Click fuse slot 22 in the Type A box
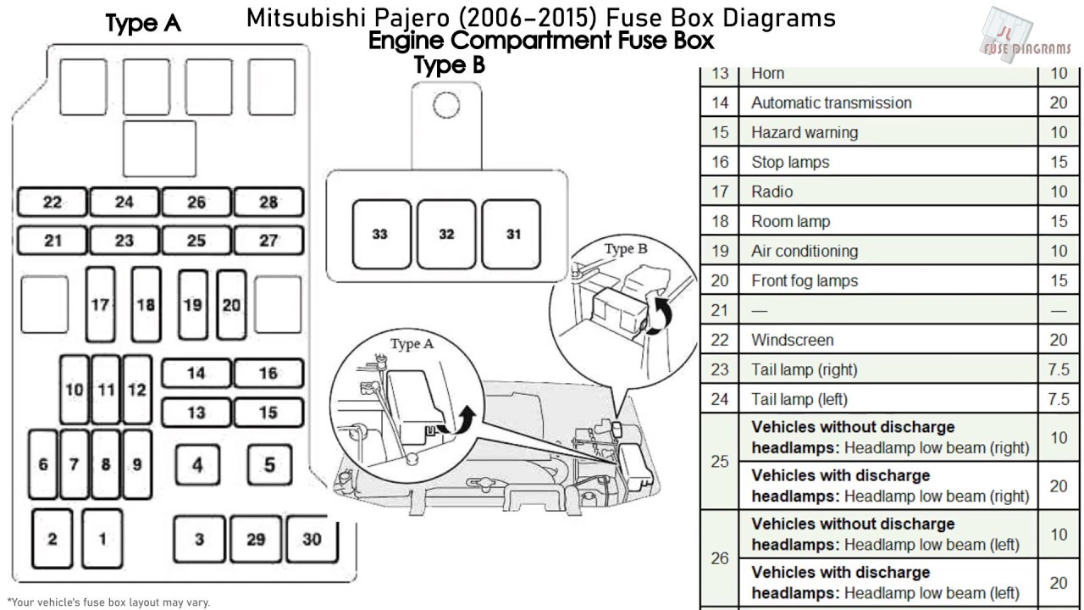pos(53,202)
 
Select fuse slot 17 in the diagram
pos(101,304)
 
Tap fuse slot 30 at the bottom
pos(312,539)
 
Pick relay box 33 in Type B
pos(380,234)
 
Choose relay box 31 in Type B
pos(512,234)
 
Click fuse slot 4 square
pos(197,465)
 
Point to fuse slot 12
pos(136,390)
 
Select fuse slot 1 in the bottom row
pos(102,539)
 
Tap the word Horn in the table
pos(767,74)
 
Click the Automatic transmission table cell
pos(831,103)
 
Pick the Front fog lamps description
pos(804,281)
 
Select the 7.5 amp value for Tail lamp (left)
pos(1059,399)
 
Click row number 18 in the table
pos(720,222)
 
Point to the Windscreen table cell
pos(792,341)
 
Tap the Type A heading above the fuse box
pos(143,24)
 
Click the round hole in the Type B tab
pos(445,104)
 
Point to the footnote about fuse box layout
pos(108,602)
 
